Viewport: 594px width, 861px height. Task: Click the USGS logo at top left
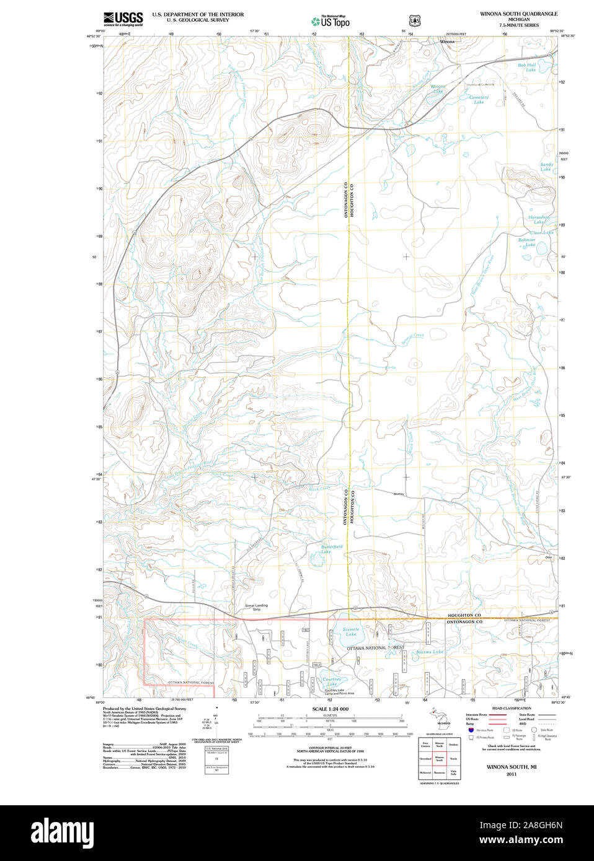point(123,18)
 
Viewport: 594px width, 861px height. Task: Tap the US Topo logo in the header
point(330,21)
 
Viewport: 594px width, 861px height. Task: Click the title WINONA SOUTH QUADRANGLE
point(518,14)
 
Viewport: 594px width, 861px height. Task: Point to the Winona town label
point(447,42)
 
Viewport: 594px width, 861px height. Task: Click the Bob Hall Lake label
point(528,67)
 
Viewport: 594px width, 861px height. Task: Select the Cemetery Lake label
point(479,99)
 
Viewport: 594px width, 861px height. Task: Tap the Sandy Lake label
point(546,167)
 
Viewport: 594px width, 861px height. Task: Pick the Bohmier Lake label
point(527,242)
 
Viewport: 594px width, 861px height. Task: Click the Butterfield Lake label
point(332,549)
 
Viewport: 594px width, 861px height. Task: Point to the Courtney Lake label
point(332,681)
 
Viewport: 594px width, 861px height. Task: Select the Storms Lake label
point(430,652)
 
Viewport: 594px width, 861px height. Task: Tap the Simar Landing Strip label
point(256,607)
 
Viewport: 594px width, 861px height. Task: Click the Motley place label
point(399,494)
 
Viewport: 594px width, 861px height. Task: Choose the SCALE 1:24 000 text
point(330,709)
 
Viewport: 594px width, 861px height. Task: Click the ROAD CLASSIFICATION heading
point(511,708)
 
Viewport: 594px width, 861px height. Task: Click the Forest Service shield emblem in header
point(414,20)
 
